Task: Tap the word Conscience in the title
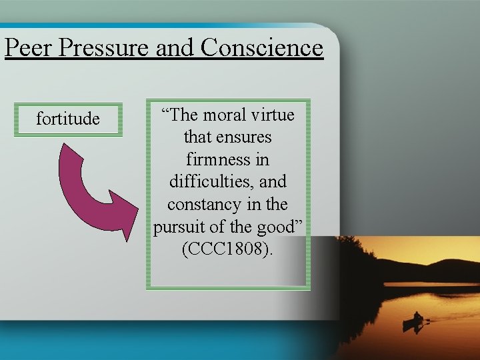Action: point(261,48)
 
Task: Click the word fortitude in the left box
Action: point(68,119)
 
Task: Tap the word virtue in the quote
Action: point(273,115)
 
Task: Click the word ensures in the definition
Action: point(247,137)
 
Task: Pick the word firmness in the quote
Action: point(212,160)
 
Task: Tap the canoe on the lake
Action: point(413,325)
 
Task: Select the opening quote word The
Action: point(181,115)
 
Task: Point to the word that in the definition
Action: point(198,137)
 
